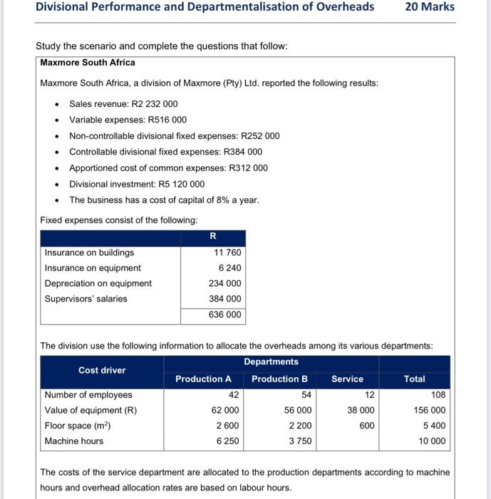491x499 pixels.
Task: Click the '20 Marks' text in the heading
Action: [x=429, y=7]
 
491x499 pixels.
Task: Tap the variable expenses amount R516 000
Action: [x=167, y=120]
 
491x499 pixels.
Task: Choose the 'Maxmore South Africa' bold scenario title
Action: [x=88, y=63]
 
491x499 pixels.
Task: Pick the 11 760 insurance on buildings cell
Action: [x=228, y=252]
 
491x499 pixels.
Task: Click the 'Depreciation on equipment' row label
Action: [x=98, y=284]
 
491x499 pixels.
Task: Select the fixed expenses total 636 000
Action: [x=225, y=314]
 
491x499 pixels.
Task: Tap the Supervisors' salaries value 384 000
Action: [x=225, y=299]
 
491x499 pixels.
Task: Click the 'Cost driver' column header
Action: [x=102, y=370]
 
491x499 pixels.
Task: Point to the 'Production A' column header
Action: [x=204, y=379]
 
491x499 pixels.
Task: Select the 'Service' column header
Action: [x=347, y=379]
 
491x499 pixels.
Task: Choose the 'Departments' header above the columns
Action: [x=271, y=362]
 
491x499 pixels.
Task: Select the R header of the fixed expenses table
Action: [x=212, y=237]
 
